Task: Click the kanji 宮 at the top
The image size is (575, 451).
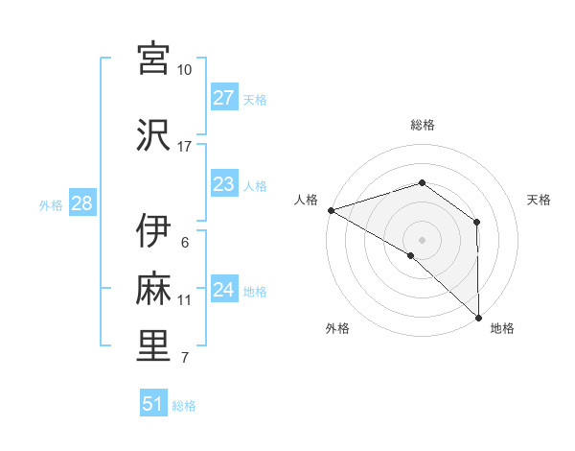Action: pos(154,59)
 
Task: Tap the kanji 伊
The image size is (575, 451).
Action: pos(154,231)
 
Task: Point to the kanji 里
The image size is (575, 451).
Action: pos(154,346)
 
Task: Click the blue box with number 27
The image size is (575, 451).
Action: pos(223,98)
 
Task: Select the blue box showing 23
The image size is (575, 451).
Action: pos(223,184)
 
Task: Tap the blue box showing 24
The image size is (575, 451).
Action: pos(223,290)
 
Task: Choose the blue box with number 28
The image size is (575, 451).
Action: pos(81,203)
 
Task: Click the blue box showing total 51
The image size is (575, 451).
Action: pos(153,404)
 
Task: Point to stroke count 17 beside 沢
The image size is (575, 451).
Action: pos(185,147)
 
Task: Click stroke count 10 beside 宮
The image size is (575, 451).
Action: pos(185,70)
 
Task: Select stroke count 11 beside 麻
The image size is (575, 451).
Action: pos(185,300)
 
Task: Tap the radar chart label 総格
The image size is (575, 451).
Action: pos(423,125)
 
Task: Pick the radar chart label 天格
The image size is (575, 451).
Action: pos(540,200)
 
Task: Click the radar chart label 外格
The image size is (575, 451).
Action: pos(337,328)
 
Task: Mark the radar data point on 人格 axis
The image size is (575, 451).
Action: pos(331,210)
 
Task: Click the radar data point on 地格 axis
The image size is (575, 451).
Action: pos(478,317)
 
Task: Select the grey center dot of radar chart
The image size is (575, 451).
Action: pos(422,239)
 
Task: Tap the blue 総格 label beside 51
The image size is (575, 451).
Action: pos(184,406)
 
